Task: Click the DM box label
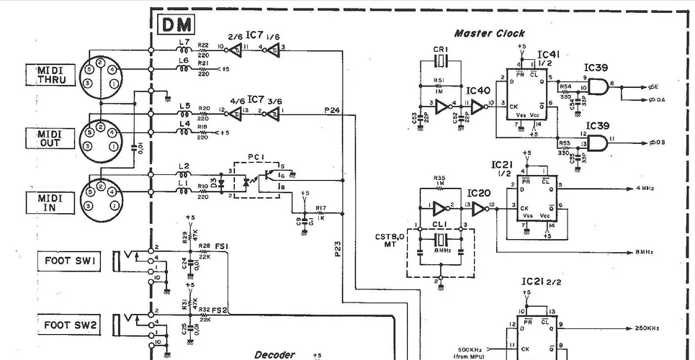[174, 26]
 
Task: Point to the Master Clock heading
[489, 33]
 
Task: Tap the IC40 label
[477, 91]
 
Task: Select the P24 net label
[332, 110]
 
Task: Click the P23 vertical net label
[338, 249]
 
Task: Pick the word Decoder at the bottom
[274, 354]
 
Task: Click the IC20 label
[477, 193]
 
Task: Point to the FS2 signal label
[219, 310]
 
